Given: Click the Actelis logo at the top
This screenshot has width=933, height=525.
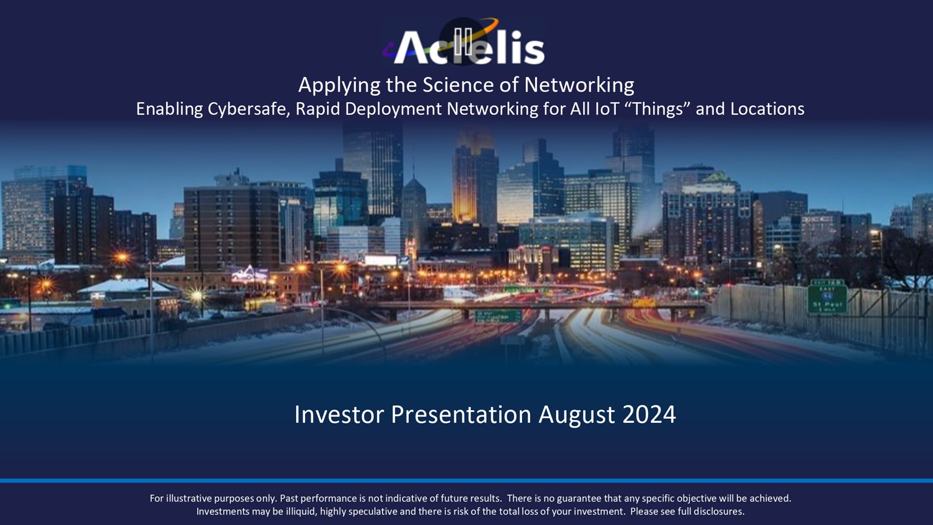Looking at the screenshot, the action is [x=464, y=42].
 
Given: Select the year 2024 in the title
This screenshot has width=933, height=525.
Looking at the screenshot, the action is [x=649, y=415].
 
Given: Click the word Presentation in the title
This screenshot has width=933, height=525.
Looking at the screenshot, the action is [x=461, y=415].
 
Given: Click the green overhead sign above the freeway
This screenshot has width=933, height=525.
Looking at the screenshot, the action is [x=498, y=317].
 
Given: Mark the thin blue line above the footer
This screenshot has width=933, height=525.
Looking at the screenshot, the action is [x=466, y=481].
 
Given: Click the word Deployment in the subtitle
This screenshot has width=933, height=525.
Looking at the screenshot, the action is [x=393, y=110].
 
